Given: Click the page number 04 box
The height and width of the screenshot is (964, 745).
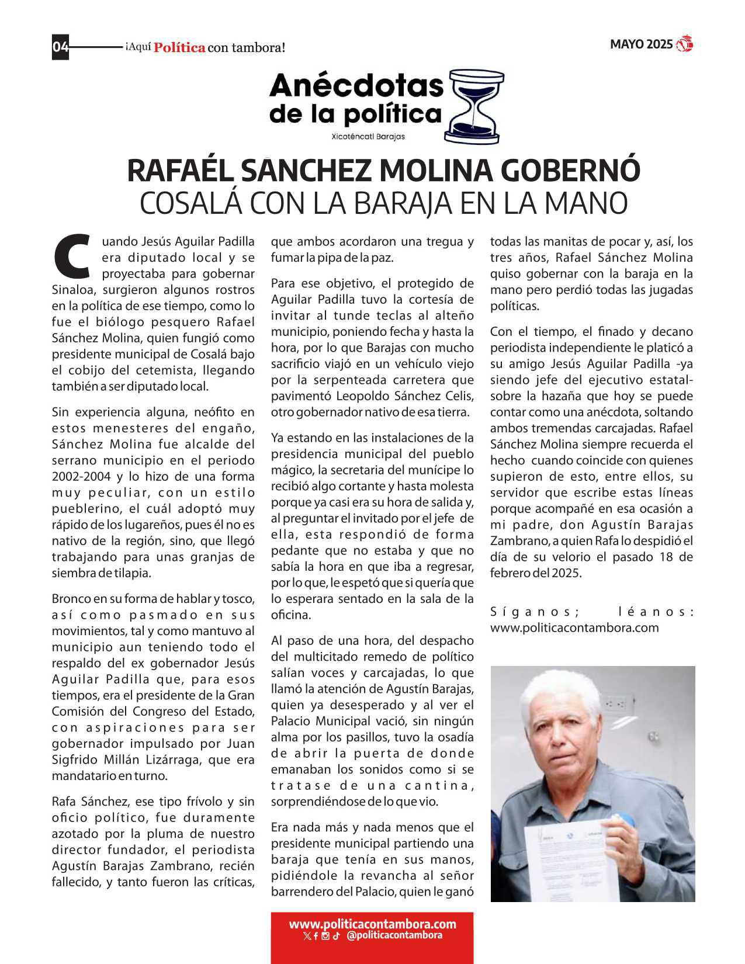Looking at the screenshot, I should point(61,47).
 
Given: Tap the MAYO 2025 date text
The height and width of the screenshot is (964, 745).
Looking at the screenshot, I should point(641,44).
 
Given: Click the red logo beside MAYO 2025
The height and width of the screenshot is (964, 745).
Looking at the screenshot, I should point(684,44).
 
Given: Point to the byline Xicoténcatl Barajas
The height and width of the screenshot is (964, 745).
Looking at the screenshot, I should point(368,137).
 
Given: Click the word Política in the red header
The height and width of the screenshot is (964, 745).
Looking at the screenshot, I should point(179,48).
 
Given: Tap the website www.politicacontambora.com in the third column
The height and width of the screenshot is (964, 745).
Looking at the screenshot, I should point(574,628).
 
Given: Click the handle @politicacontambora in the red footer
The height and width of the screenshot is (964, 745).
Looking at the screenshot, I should point(394,935).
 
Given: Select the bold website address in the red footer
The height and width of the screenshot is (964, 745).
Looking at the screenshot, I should point(372,924).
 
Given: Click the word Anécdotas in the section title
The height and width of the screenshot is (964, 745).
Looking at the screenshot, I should point(356,86).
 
